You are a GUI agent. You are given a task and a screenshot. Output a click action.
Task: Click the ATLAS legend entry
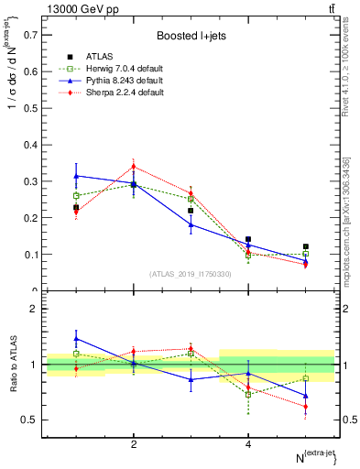tap(100, 57)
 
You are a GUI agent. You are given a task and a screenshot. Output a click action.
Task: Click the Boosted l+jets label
tap(190, 36)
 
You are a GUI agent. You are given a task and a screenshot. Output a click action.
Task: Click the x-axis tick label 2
tap(134, 444)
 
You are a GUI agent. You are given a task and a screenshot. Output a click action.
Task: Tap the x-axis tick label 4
tap(248, 444)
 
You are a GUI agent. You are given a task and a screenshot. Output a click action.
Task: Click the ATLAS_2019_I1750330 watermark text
tap(191, 273)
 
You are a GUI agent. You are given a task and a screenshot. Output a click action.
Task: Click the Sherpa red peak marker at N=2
tap(134, 167)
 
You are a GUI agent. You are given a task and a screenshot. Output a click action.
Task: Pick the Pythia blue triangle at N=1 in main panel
tap(76, 175)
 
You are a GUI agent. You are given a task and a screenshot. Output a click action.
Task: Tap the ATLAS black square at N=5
tap(306, 246)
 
